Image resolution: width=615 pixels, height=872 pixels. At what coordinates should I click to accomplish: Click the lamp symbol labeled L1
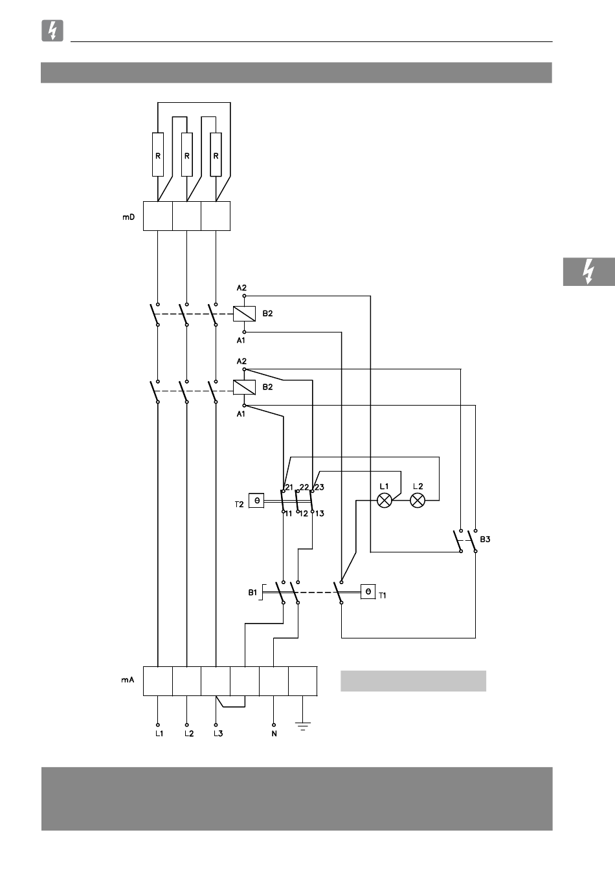point(385,500)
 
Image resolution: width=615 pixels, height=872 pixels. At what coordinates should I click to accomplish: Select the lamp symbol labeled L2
point(418,500)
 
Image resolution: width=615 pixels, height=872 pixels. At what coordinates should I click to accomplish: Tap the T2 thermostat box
point(256,500)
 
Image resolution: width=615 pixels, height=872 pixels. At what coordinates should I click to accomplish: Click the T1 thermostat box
point(368,592)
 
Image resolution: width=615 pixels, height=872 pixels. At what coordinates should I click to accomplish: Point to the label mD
point(129,217)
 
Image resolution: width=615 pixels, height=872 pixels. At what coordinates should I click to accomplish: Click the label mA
point(128,680)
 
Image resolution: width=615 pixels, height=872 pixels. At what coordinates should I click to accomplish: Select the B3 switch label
point(485,539)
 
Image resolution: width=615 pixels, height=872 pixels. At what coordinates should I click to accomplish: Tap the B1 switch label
point(252,592)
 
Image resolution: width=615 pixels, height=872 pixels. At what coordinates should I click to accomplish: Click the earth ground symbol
point(302,726)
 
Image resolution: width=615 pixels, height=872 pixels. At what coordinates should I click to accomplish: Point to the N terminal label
point(274,734)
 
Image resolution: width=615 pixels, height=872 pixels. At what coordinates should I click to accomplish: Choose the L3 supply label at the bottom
point(218,734)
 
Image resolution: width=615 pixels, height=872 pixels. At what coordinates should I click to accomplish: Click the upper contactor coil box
point(244,314)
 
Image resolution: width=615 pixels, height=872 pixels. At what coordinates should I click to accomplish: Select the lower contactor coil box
point(244,387)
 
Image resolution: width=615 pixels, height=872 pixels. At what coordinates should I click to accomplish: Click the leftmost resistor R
point(158,155)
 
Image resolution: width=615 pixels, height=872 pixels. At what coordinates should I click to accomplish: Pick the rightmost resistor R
point(216,155)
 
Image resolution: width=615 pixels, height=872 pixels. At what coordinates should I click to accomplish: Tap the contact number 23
point(319,487)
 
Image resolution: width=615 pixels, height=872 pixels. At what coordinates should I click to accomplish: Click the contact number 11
point(288,514)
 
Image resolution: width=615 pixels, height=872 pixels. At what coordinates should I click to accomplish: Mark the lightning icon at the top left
point(52,31)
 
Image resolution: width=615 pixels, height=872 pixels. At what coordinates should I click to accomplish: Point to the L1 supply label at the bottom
point(159,734)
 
